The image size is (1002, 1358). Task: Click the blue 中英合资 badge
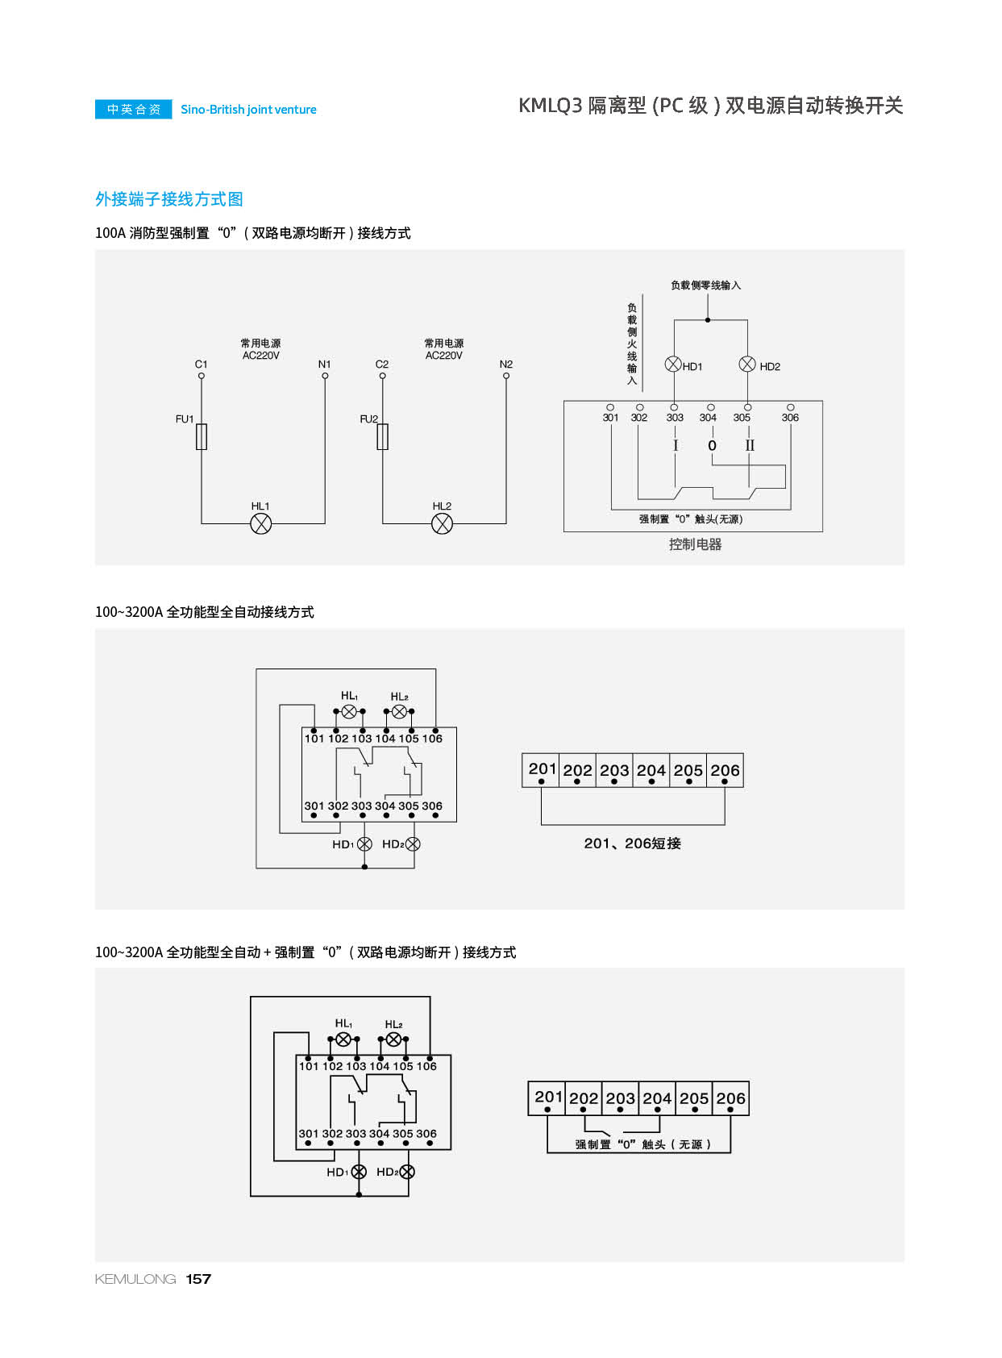tap(134, 110)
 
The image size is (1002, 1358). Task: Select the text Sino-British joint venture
tap(248, 110)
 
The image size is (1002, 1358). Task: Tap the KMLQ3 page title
tap(709, 106)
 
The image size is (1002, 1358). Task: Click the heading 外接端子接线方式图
tap(169, 199)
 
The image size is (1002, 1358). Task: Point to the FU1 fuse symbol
tap(202, 436)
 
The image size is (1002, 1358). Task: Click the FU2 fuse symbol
tap(383, 436)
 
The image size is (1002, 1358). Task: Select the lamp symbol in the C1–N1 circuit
tap(260, 524)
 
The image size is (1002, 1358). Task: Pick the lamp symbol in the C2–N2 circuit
tap(442, 524)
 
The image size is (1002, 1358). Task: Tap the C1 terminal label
tap(201, 364)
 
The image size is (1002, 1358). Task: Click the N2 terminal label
tap(505, 364)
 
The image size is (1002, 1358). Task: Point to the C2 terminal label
tap(382, 364)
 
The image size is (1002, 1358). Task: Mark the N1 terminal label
tap(324, 364)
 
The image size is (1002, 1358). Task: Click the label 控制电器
tap(695, 544)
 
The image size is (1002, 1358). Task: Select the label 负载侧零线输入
tap(705, 285)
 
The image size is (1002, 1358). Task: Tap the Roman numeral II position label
tap(750, 445)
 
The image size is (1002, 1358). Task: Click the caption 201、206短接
tap(632, 844)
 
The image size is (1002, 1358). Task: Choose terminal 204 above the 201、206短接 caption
tap(651, 771)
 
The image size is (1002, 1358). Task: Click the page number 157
tap(198, 1279)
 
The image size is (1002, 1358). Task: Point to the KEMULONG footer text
tap(135, 1279)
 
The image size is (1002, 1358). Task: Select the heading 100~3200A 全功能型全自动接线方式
tap(205, 612)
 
